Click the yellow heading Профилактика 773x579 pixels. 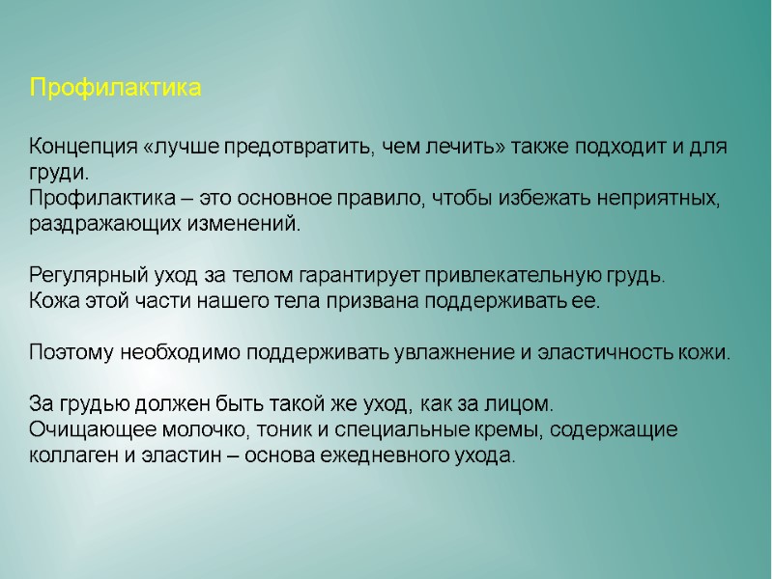(115, 89)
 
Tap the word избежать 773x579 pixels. (523, 200)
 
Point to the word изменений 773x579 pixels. (247, 225)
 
